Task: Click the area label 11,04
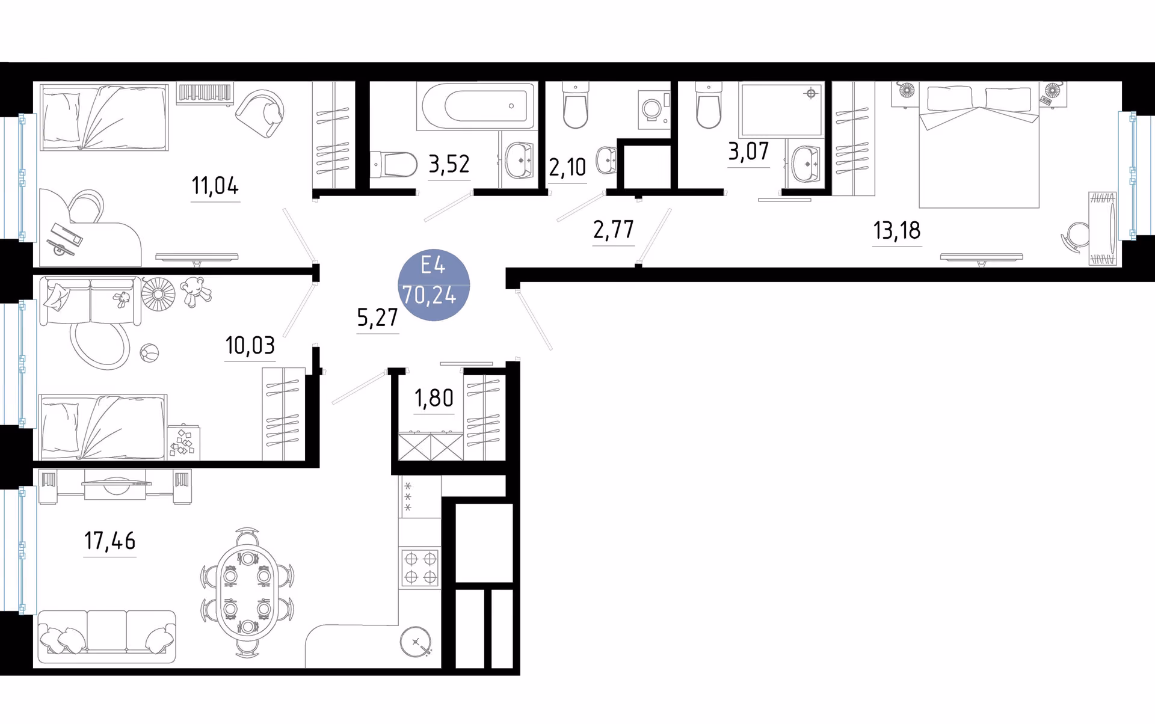click(x=215, y=186)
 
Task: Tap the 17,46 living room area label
click(x=109, y=541)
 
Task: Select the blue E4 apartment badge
click(x=434, y=284)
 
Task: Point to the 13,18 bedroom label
click(x=897, y=230)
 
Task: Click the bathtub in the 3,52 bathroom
click(x=478, y=106)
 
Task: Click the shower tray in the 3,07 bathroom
click(x=781, y=109)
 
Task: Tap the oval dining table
click(x=247, y=592)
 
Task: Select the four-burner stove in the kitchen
click(x=420, y=568)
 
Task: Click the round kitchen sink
click(x=416, y=642)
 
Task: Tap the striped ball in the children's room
click(x=149, y=353)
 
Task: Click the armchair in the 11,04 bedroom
click(x=260, y=113)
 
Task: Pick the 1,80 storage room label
click(x=434, y=397)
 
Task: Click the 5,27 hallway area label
click(x=377, y=316)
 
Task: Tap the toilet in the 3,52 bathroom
click(x=393, y=164)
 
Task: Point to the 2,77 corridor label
click(x=613, y=229)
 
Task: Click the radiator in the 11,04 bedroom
click(x=205, y=94)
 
